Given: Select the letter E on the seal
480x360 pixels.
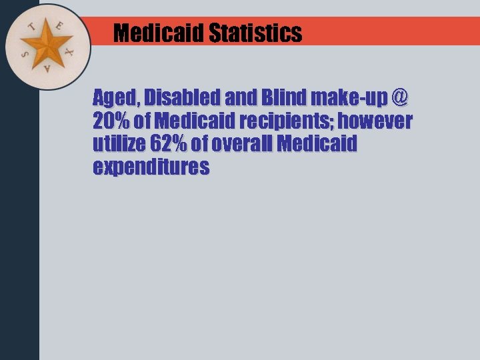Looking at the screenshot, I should [x=59, y=26].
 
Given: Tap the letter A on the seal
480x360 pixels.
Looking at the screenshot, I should [x=46, y=69].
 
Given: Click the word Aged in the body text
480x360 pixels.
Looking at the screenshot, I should [x=114, y=99].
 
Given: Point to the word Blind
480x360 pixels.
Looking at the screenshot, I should [x=281, y=99].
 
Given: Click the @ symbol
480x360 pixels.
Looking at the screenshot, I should [x=399, y=98].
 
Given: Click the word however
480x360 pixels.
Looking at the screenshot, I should [x=379, y=121].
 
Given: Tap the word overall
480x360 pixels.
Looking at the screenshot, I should [x=251, y=144].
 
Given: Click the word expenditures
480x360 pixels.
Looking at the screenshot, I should [x=151, y=167].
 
